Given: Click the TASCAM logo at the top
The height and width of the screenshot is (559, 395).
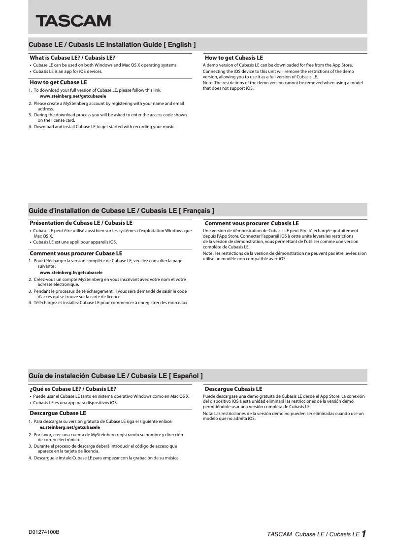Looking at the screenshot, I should click(x=72, y=21).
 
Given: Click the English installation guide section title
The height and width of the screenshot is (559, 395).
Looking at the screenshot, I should click(x=112, y=44).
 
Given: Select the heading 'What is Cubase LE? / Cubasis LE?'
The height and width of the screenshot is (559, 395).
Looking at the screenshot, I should click(x=72, y=58).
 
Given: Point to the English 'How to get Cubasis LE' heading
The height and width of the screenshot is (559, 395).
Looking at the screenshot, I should click(x=233, y=58).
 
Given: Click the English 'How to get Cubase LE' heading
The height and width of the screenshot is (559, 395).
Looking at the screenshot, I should click(x=58, y=82).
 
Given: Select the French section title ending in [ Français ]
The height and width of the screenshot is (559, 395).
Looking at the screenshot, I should click(x=121, y=210).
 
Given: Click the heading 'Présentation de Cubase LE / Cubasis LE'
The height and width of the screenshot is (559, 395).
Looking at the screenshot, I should click(x=81, y=223).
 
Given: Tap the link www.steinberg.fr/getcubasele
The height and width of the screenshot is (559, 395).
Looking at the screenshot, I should click(x=71, y=272).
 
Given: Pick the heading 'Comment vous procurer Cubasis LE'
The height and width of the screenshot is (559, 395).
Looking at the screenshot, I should click(x=251, y=223).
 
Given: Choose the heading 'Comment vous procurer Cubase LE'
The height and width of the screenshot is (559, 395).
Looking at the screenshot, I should click(x=76, y=253).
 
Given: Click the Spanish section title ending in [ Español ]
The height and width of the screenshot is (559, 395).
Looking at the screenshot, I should click(x=116, y=376).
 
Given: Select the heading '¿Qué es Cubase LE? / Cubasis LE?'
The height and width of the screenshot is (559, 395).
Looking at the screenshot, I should click(x=73, y=388).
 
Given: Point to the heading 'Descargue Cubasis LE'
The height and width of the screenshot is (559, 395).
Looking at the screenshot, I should click(x=233, y=389).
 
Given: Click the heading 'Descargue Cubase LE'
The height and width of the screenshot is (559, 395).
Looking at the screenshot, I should click(x=58, y=413).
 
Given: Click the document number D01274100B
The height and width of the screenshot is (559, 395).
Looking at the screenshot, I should click(x=44, y=533).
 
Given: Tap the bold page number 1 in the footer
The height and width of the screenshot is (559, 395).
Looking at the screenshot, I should click(x=363, y=533).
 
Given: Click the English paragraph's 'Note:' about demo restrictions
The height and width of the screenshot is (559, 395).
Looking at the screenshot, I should click(x=208, y=83).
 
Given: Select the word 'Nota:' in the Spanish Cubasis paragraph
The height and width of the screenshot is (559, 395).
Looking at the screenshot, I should click(x=208, y=413).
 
